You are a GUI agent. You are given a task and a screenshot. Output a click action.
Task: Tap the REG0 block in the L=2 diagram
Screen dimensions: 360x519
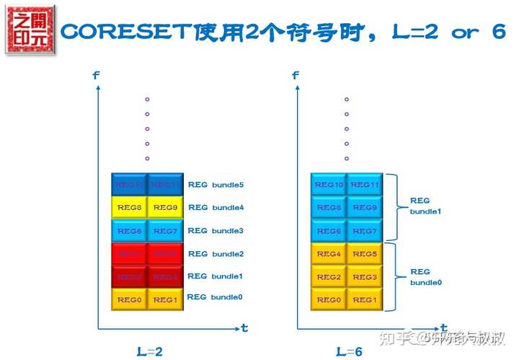(x=129, y=299)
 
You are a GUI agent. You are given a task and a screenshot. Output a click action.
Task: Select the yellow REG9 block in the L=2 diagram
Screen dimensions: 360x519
(x=165, y=208)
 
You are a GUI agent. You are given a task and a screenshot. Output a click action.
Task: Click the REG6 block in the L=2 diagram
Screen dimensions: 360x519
(x=129, y=231)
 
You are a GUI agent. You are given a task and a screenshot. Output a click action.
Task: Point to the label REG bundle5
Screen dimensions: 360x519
(x=216, y=185)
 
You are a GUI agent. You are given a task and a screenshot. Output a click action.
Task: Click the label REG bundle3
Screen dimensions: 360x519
(x=216, y=231)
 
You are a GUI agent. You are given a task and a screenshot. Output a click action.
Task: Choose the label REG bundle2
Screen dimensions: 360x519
(x=216, y=254)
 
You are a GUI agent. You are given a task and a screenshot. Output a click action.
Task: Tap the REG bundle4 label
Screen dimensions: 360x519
(x=216, y=208)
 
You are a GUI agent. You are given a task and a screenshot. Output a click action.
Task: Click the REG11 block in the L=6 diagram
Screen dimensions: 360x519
(x=365, y=185)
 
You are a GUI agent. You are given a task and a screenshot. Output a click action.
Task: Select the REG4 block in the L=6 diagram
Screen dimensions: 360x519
(x=329, y=254)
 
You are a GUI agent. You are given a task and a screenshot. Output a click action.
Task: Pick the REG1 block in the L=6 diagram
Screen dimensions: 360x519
(x=365, y=299)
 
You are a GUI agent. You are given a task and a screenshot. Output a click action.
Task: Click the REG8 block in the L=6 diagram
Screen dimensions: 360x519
(x=329, y=208)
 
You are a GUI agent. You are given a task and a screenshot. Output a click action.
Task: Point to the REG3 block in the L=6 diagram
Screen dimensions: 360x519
(x=365, y=277)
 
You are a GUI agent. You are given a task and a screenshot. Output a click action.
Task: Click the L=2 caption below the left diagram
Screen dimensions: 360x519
(x=149, y=351)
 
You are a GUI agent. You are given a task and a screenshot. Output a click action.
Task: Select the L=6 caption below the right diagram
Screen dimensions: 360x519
(x=350, y=351)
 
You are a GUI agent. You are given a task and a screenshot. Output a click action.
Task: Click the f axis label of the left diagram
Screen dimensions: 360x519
(x=96, y=75)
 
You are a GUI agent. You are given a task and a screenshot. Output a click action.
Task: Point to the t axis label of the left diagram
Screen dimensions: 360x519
(x=244, y=328)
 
